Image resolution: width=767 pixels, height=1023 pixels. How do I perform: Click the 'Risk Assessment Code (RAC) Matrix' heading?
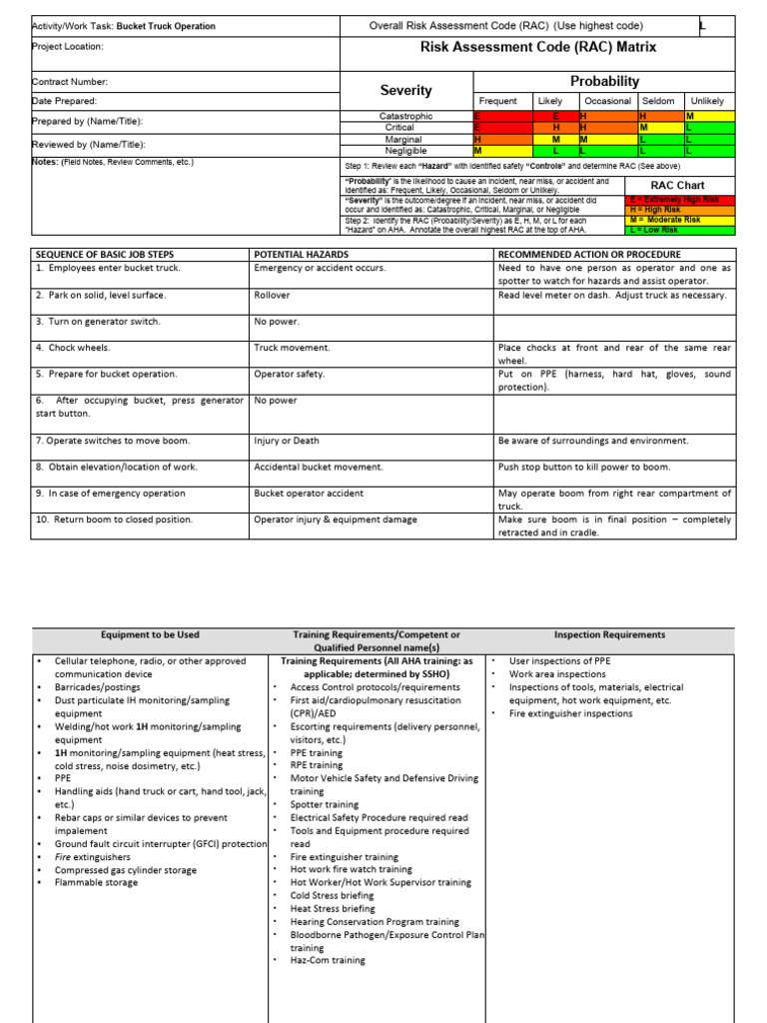click(537, 46)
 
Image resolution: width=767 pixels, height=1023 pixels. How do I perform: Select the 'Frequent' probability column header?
click(498, 101)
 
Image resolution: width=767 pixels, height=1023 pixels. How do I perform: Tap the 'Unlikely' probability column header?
click(707, 101)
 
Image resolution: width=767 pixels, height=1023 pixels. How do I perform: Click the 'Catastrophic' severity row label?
click(406, 117)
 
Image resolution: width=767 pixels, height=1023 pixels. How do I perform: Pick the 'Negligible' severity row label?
click(406, 151)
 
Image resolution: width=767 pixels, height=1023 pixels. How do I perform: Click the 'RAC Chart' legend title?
click(677, 185)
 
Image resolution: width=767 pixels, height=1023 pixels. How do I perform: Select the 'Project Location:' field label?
click(68, 46)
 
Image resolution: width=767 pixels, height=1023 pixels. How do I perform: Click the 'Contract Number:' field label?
click(70, 82)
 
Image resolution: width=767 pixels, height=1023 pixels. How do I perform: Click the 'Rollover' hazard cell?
click(274, 296)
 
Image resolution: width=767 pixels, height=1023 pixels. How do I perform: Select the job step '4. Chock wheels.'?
click(76, 348)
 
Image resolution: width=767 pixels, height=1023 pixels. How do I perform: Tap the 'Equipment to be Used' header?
click(150, 634)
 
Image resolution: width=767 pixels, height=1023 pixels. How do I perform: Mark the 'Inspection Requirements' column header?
click(609, 634)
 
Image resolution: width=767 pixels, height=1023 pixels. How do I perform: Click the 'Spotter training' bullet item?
click(325, 804)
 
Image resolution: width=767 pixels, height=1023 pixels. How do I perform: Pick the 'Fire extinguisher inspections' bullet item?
click(570, 713)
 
